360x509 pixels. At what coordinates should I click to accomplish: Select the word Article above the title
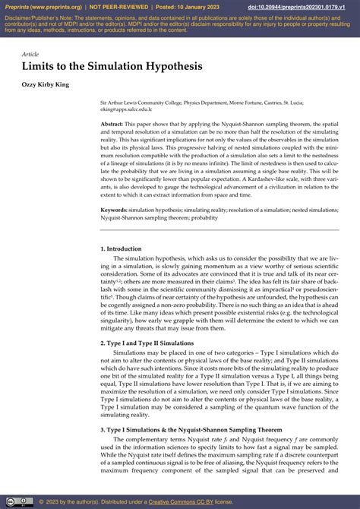click(30, 55)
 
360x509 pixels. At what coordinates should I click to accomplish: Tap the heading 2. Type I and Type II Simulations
click(147, 343)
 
